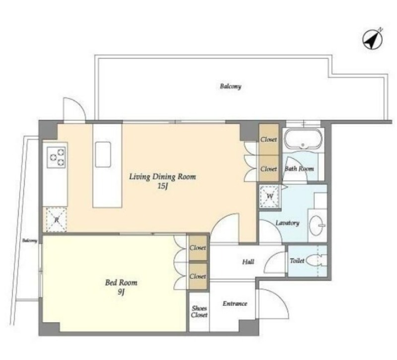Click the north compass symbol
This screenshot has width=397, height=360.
tap(373, 39)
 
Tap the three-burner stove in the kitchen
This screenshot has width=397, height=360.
tap(56, 157)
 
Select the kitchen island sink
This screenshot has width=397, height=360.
tap(103, 154)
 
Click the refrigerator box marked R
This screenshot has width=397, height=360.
tap(56, 219)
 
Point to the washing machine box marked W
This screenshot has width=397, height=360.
tap(269, 196)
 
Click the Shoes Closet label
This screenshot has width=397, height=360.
tap(199, 312)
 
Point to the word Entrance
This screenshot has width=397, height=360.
tap(235, 303)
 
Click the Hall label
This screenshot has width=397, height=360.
tap(248, 262)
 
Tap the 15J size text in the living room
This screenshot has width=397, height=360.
tap(163, 186)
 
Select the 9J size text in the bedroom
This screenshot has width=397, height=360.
tap(121, 292)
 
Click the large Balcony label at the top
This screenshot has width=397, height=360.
tap(230, 86)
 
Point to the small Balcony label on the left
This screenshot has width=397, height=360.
tap(30, 240)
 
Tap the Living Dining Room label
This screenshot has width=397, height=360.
tap(163, 177)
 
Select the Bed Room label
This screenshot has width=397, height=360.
tap(121, 283)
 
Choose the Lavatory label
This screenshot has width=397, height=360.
tap(287, 223)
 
